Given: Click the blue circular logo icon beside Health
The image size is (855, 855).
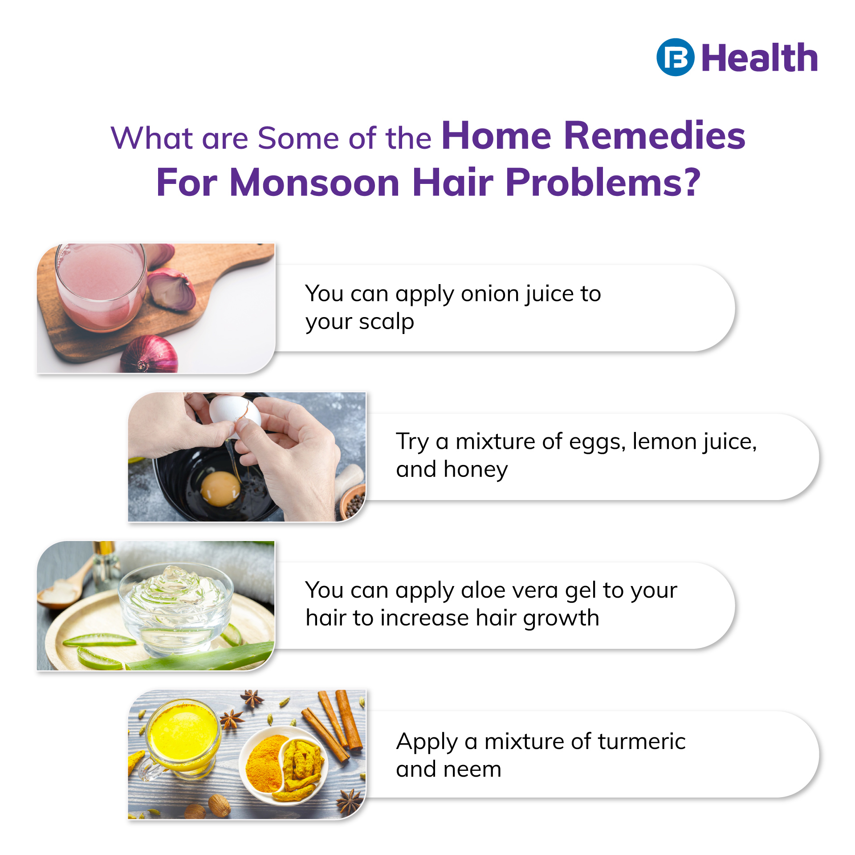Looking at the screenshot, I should (675, 57).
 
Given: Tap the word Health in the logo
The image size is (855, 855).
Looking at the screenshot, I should (760, 58).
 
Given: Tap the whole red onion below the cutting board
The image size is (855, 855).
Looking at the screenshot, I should (150, 355).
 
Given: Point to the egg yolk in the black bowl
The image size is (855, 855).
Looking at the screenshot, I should (220, 489).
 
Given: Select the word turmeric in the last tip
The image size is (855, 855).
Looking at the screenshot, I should (641, 741).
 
